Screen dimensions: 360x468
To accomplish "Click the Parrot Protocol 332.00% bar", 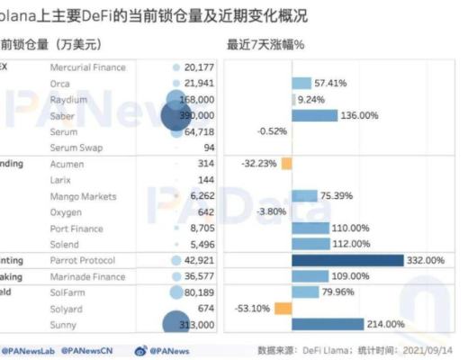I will point(347,260).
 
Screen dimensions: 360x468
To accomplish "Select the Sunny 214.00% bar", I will point(328,324).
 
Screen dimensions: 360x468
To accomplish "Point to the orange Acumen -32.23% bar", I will point(286,164).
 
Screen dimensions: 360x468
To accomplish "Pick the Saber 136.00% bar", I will point(314,115).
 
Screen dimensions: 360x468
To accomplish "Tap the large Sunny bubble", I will point(180,326).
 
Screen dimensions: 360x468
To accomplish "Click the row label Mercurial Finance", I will point(87,67).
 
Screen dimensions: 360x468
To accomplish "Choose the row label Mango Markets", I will point(84,196).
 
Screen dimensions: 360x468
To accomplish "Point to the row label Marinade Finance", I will point(87,276).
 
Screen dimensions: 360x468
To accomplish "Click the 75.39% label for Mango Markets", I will point(339,196).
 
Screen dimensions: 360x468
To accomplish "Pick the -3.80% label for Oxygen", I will point(271,211).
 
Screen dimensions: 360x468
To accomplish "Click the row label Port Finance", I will point(76,228).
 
